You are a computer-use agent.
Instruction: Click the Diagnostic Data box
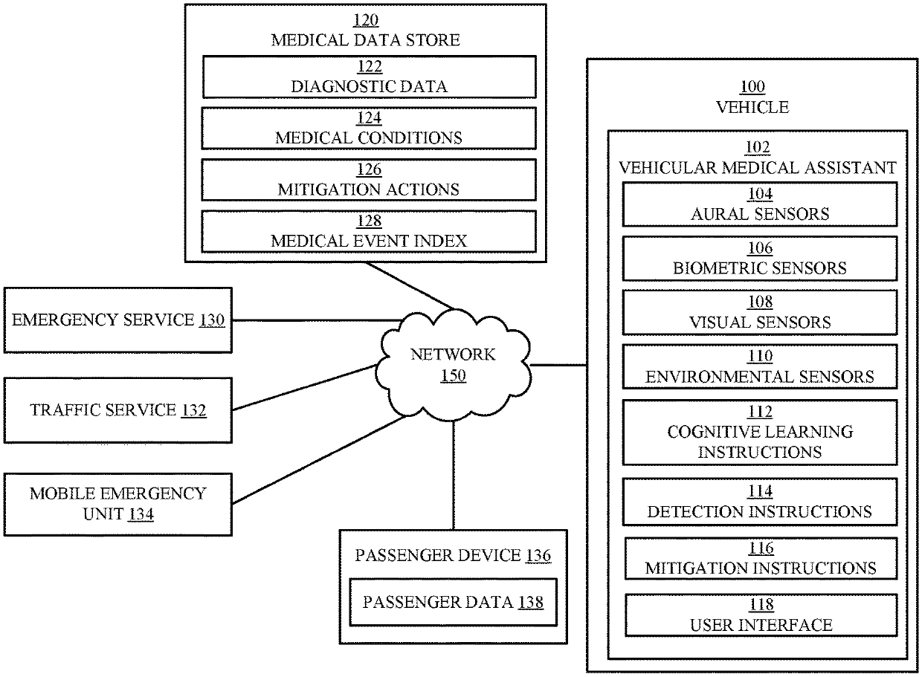[369, 77]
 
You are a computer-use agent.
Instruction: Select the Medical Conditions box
[369, 128]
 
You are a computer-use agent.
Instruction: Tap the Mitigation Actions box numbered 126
[369, 180]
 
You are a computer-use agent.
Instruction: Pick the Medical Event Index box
[369, 231]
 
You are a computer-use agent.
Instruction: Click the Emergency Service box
[118, 320]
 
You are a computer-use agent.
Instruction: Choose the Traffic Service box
[118, 409]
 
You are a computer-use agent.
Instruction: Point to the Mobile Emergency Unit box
[118, 503]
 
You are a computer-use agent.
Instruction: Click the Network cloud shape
[453, 364]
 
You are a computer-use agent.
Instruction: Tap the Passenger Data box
[453, 603]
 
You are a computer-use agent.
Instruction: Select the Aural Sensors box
[759, 205]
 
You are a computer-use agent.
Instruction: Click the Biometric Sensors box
[759, 259]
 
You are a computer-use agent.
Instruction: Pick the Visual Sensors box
[759, 313]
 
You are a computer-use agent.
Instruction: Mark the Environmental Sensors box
[759, 367]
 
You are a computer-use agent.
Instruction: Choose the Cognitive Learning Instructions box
[759, 432]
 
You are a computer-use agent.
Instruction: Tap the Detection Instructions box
[759, 502]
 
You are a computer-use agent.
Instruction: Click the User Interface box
[759, 615]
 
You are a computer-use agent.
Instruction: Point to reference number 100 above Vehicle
[752, 88]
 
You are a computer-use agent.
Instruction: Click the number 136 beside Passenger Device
[539, 556]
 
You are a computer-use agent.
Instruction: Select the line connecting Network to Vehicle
[558, 365]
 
